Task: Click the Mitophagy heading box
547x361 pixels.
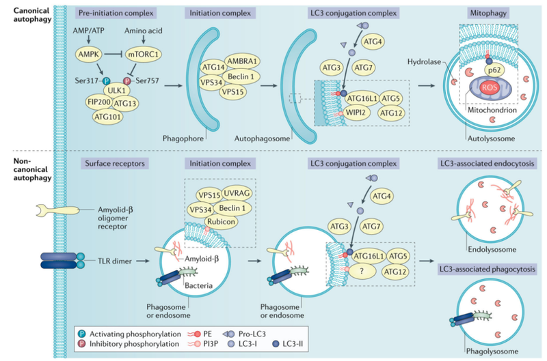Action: (486, 13)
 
